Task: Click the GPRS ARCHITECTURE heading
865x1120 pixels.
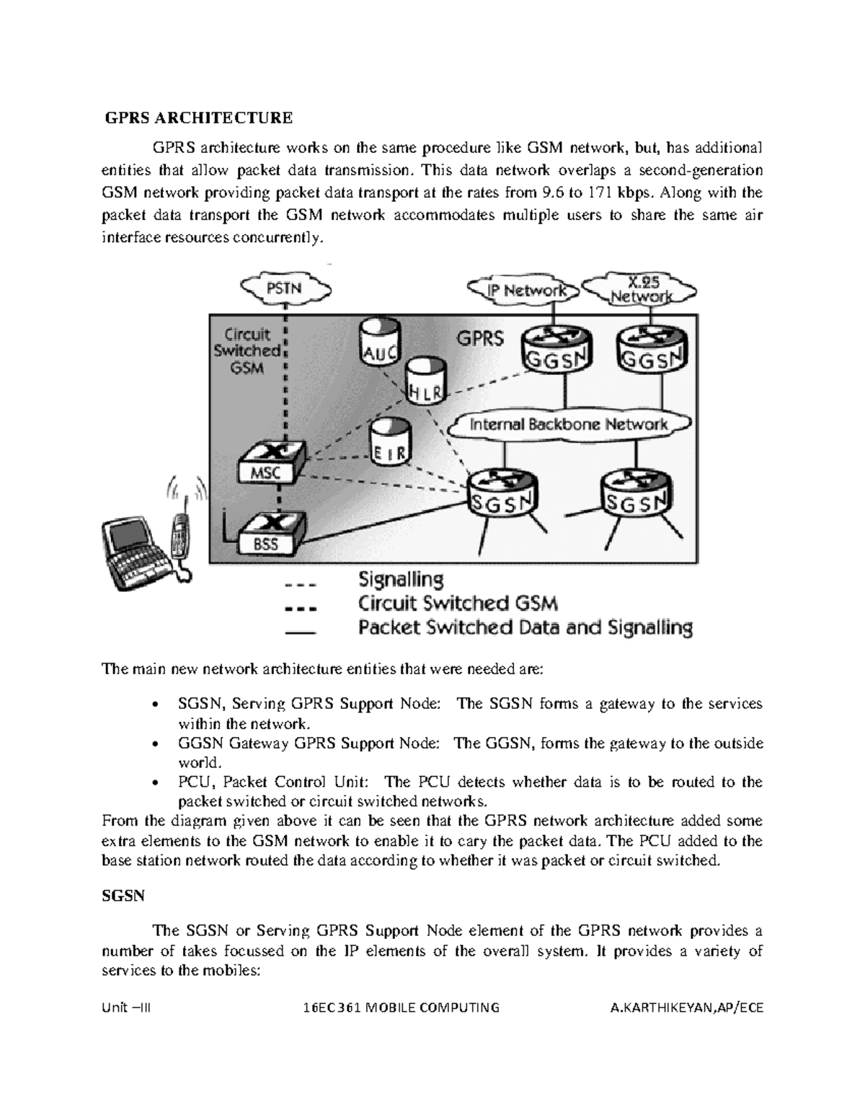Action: point(199,118)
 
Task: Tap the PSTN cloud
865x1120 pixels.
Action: point(285,288)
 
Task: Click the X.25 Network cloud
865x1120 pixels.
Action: point(640,289)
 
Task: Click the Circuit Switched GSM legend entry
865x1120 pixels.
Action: point(458,604)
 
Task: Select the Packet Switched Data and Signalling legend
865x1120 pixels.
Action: point(525,628)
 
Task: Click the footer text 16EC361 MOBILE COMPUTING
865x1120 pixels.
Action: point(402,1008)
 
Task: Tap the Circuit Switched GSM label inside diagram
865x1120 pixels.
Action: point(247,351)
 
